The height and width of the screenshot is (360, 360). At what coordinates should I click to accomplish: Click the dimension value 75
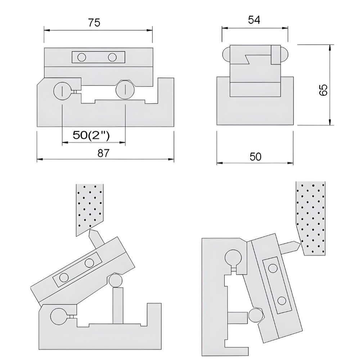tap(94, 23)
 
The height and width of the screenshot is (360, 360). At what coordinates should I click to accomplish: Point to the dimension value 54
tap(254, 20)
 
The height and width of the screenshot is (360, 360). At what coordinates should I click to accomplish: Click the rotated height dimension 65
tap(323, 90)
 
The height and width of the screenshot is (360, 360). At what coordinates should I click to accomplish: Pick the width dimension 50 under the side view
tap(255, 157)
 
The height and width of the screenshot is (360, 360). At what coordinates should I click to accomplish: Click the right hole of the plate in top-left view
tap(113, 57)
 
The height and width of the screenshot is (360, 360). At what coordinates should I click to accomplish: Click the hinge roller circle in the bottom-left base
tap(59, 317)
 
